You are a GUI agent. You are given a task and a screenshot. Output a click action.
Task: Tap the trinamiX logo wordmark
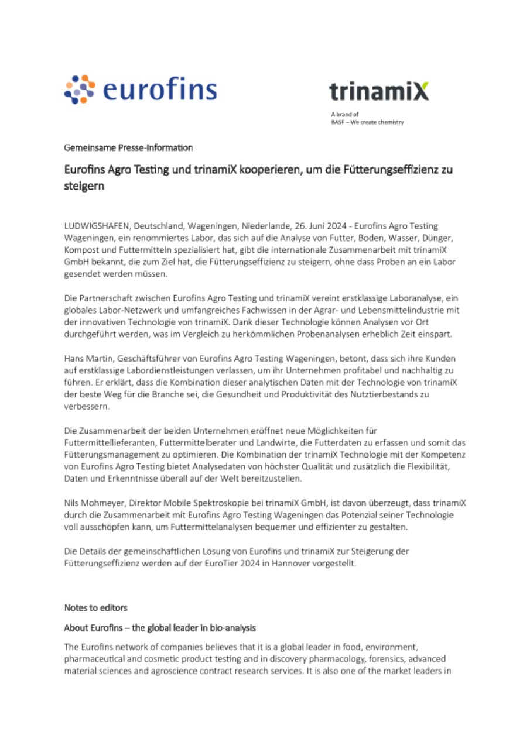(x=378, y=91)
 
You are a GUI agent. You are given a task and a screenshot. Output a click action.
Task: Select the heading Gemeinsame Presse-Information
(x=128, y=147)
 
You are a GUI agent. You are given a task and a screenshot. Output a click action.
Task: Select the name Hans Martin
(x=86, y=358)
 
